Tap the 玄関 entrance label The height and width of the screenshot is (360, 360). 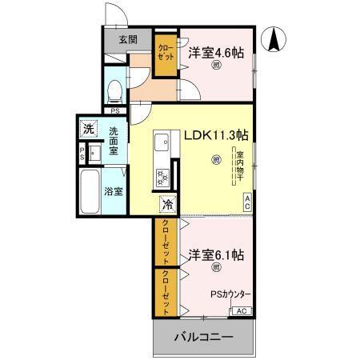[128, 38]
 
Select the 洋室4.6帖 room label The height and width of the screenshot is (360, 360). [216, 54]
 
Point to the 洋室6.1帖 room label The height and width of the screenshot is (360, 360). [216, 256]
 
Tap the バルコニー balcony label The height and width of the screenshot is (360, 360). [204, 338]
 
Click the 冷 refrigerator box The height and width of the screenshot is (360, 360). [166, 202]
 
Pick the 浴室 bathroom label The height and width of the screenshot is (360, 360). [114, 191]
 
